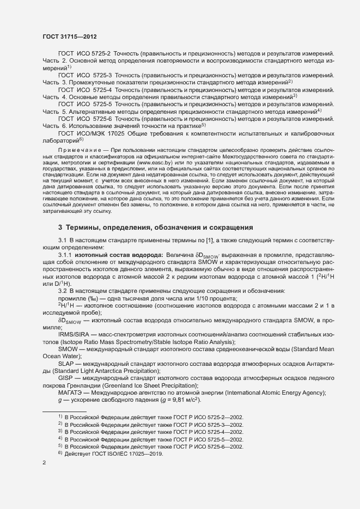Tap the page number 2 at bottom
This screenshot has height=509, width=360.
[44, 463]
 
